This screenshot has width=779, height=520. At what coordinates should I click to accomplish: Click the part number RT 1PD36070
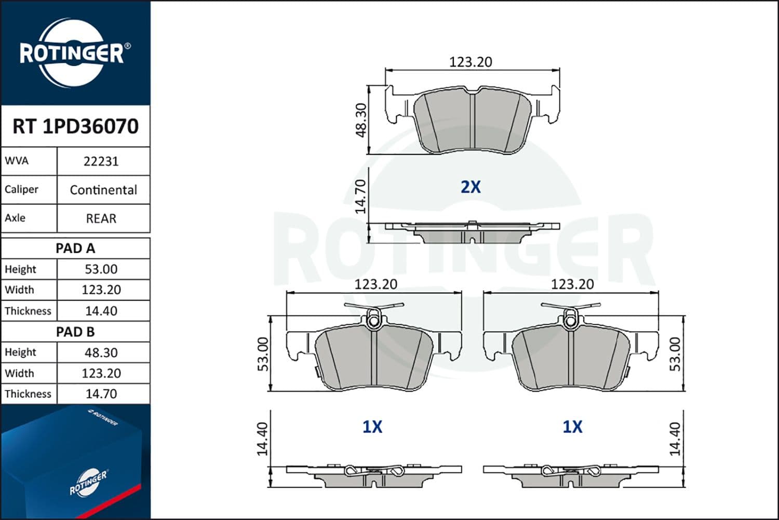point(75,126)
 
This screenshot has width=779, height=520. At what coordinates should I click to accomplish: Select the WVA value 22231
point(101,161)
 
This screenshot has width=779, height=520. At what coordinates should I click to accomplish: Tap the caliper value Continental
point(103,190)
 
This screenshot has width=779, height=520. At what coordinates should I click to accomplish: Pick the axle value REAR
point(101,218)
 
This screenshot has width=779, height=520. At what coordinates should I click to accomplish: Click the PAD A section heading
point(75,249)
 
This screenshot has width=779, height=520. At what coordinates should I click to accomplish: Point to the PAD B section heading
point(75,332)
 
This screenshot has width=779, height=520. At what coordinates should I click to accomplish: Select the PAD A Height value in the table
point(101,269)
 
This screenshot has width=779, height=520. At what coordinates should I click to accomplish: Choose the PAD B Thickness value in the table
point(101,394)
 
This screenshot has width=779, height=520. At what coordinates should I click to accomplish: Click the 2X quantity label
point(471,187)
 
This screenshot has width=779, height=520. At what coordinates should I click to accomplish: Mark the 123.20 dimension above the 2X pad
point(471,62)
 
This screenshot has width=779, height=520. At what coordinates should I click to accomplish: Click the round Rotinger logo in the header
point(72,53)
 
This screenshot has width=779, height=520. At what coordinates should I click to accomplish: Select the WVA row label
point(17,161)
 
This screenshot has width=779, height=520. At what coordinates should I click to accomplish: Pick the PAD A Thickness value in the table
point(101,311)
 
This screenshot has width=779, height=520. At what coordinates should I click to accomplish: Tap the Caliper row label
point(21,189)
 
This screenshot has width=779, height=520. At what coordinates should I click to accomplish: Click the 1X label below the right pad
point(572,427)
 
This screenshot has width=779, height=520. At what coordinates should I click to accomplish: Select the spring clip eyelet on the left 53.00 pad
point(373,321)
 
